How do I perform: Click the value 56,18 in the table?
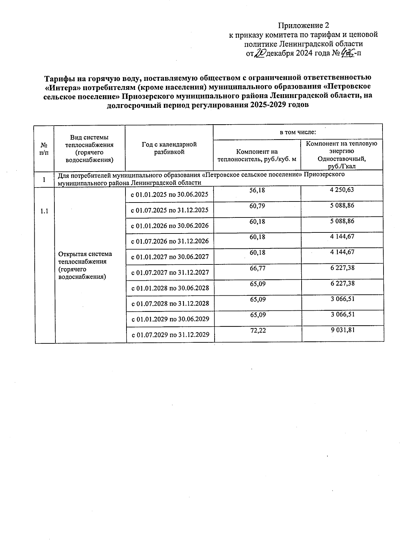click(257, 191)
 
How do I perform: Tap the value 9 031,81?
click(342, 330)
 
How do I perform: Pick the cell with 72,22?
click(258, 330)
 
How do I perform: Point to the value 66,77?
click(257, 268)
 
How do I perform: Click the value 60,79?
click(257, 206)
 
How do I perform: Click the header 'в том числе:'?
click(297, 132)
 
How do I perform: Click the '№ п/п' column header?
click(44, 149)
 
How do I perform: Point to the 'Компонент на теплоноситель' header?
click(257, 155)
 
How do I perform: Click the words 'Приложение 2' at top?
click(304, 26)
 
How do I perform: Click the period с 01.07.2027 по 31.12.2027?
click(170, 273)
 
